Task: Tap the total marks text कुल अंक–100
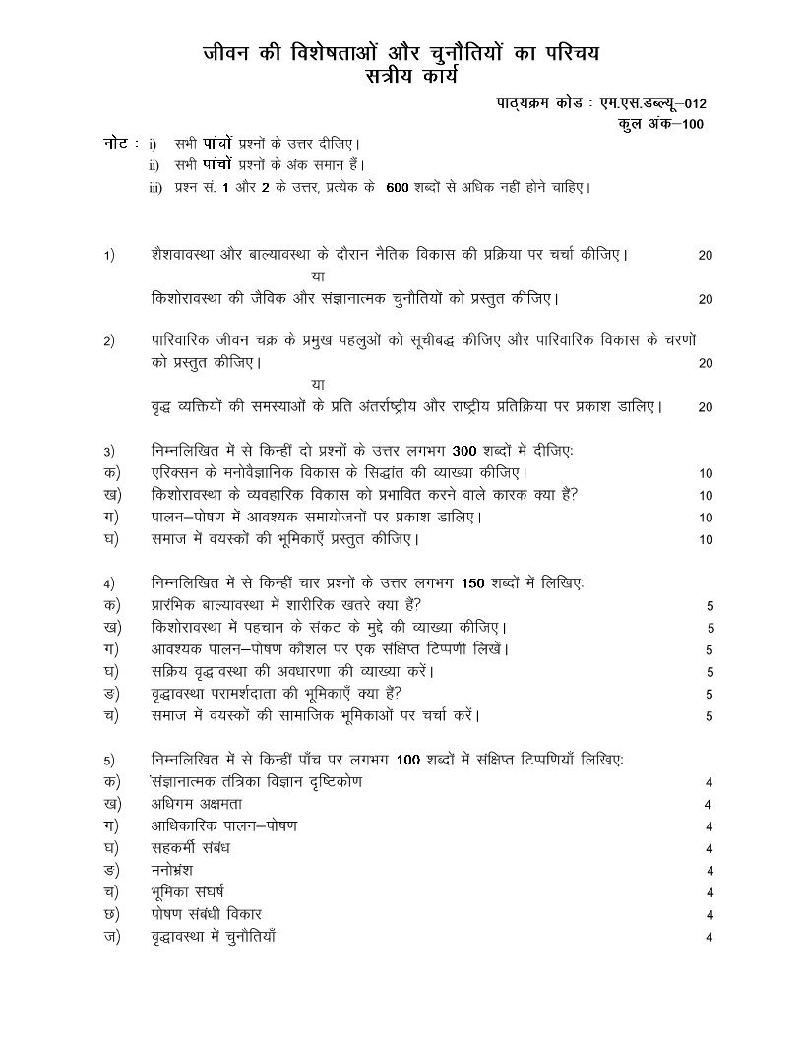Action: [x=661, y=124]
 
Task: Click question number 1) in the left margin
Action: [x=109, y=255]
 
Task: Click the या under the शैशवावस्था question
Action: [x=317, y=276]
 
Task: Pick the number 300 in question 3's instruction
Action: [x=463, y=452]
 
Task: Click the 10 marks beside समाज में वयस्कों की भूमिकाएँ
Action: [x=706, y=539]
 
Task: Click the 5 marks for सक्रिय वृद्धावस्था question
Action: [x=710, y=672]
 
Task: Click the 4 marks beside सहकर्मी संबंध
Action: [x=709, y=848]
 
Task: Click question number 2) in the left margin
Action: [x=109, y=342]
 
